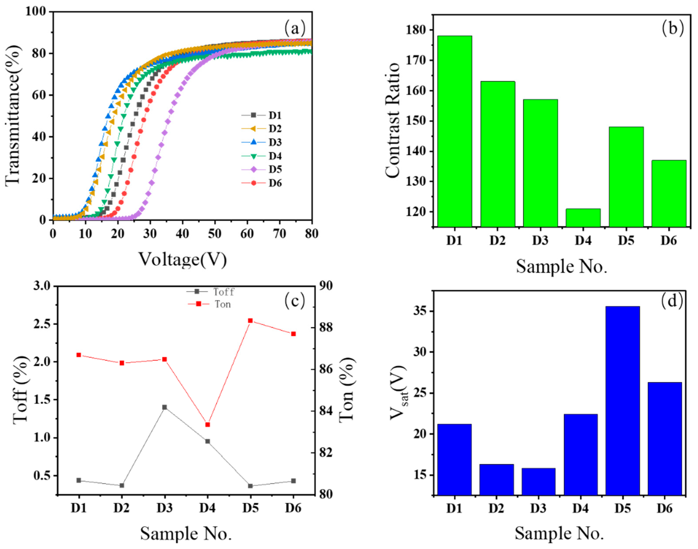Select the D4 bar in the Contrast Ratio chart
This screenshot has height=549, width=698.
(x=583, y=218)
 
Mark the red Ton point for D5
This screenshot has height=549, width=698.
(x=250, y=320)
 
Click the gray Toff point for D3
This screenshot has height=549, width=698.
(x=164, y=407)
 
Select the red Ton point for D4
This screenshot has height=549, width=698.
(x=207, y=425)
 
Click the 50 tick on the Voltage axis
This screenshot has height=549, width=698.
(x=215, y=234)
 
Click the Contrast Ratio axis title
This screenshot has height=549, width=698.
(x=392, y=120)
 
